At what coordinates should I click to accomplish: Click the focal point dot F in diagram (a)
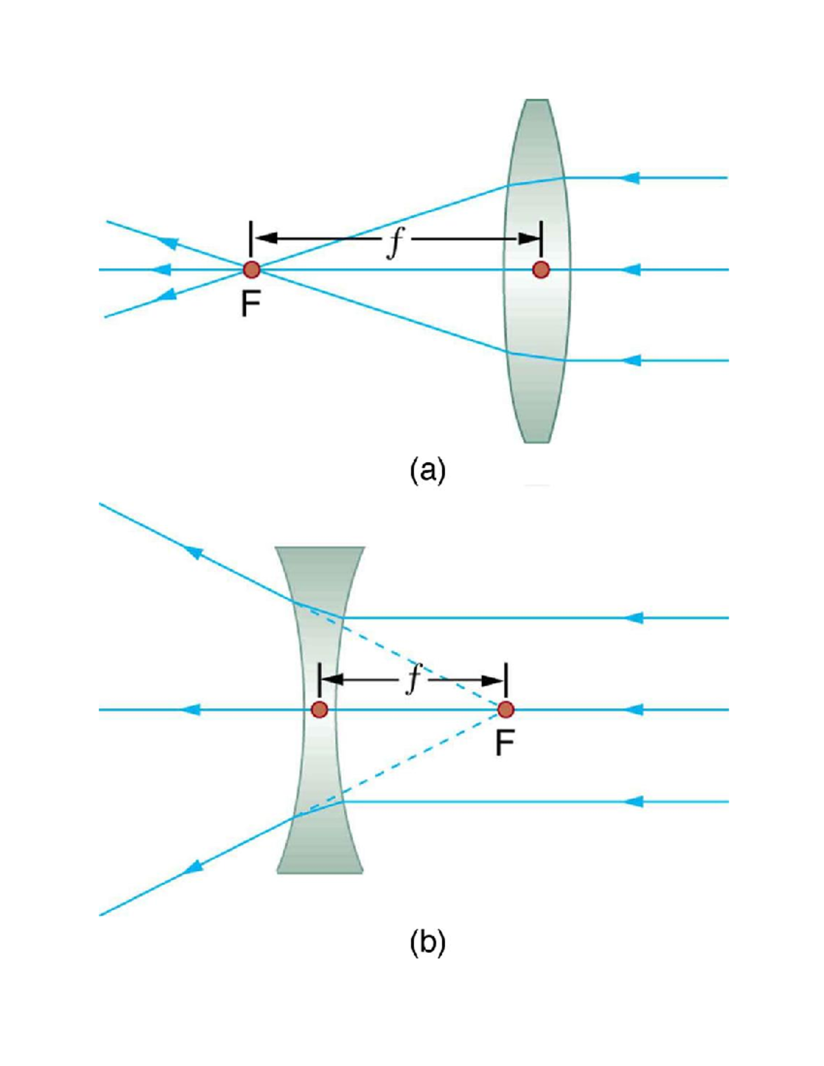251,269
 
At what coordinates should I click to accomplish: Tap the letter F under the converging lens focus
251,305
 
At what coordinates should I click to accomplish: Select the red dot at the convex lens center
541,270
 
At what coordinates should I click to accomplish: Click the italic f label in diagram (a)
394,242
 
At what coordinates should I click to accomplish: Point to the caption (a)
427,471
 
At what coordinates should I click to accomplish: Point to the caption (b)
427,942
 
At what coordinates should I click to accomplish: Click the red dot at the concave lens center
319,710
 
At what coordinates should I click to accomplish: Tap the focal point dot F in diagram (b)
505,709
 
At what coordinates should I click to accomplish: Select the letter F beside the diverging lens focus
505,743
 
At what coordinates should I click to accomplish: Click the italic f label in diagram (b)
413,680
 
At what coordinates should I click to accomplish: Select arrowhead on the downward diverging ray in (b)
195,866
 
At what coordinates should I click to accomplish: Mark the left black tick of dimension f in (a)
251,238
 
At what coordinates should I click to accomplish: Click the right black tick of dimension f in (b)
506,680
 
